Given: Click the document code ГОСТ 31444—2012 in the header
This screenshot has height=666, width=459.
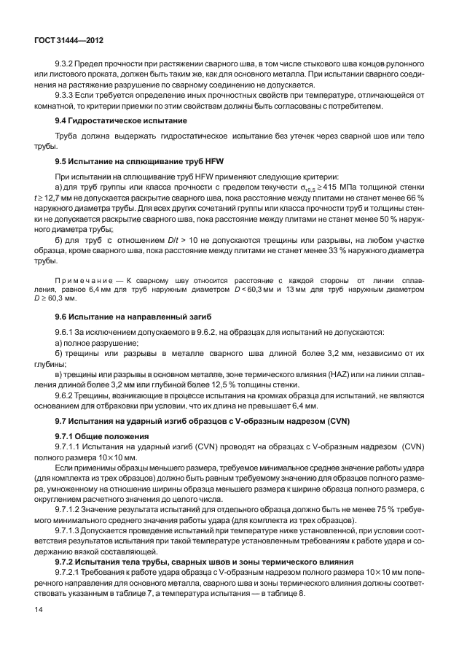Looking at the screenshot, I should point(67,42).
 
